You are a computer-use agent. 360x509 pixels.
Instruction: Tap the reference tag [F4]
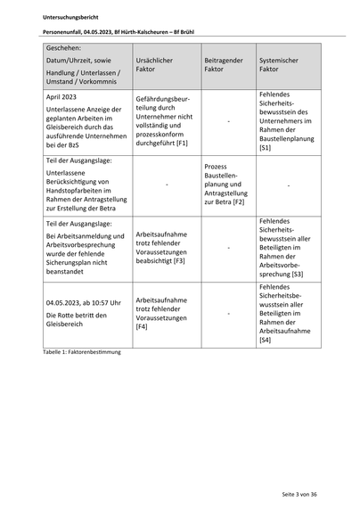[142, 327]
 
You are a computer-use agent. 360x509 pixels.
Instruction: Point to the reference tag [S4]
[266, 341]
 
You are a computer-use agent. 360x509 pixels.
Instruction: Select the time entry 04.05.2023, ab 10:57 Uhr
[83, 303]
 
